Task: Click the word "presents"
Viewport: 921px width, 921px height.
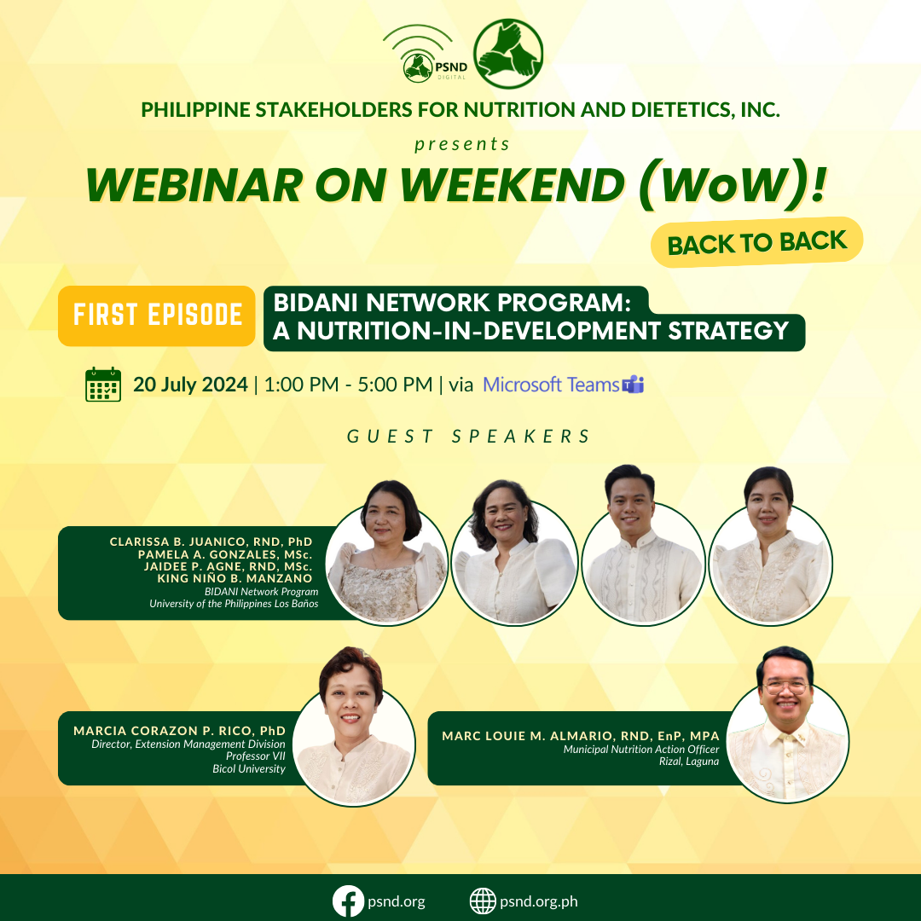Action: pos(462,144)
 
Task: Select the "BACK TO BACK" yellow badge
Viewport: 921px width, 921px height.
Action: pos(756,242)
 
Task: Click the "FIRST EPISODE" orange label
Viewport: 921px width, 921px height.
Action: pos(157,316)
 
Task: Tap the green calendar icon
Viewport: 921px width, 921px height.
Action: pos(103,385)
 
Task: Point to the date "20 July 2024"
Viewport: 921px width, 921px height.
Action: pos(191,385)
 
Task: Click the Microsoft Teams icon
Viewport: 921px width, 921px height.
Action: pos(633,385)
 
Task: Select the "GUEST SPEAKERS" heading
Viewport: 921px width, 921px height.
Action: pos(468,437)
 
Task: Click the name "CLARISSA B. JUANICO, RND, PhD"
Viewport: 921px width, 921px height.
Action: pos(211,542)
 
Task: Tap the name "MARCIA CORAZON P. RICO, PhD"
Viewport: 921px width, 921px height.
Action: pos(179,731)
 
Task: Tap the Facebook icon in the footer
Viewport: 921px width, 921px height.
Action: pos(347,901)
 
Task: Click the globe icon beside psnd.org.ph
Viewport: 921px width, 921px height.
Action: pos(483,901)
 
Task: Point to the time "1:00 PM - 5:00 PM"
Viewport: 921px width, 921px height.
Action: pos(348,385)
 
